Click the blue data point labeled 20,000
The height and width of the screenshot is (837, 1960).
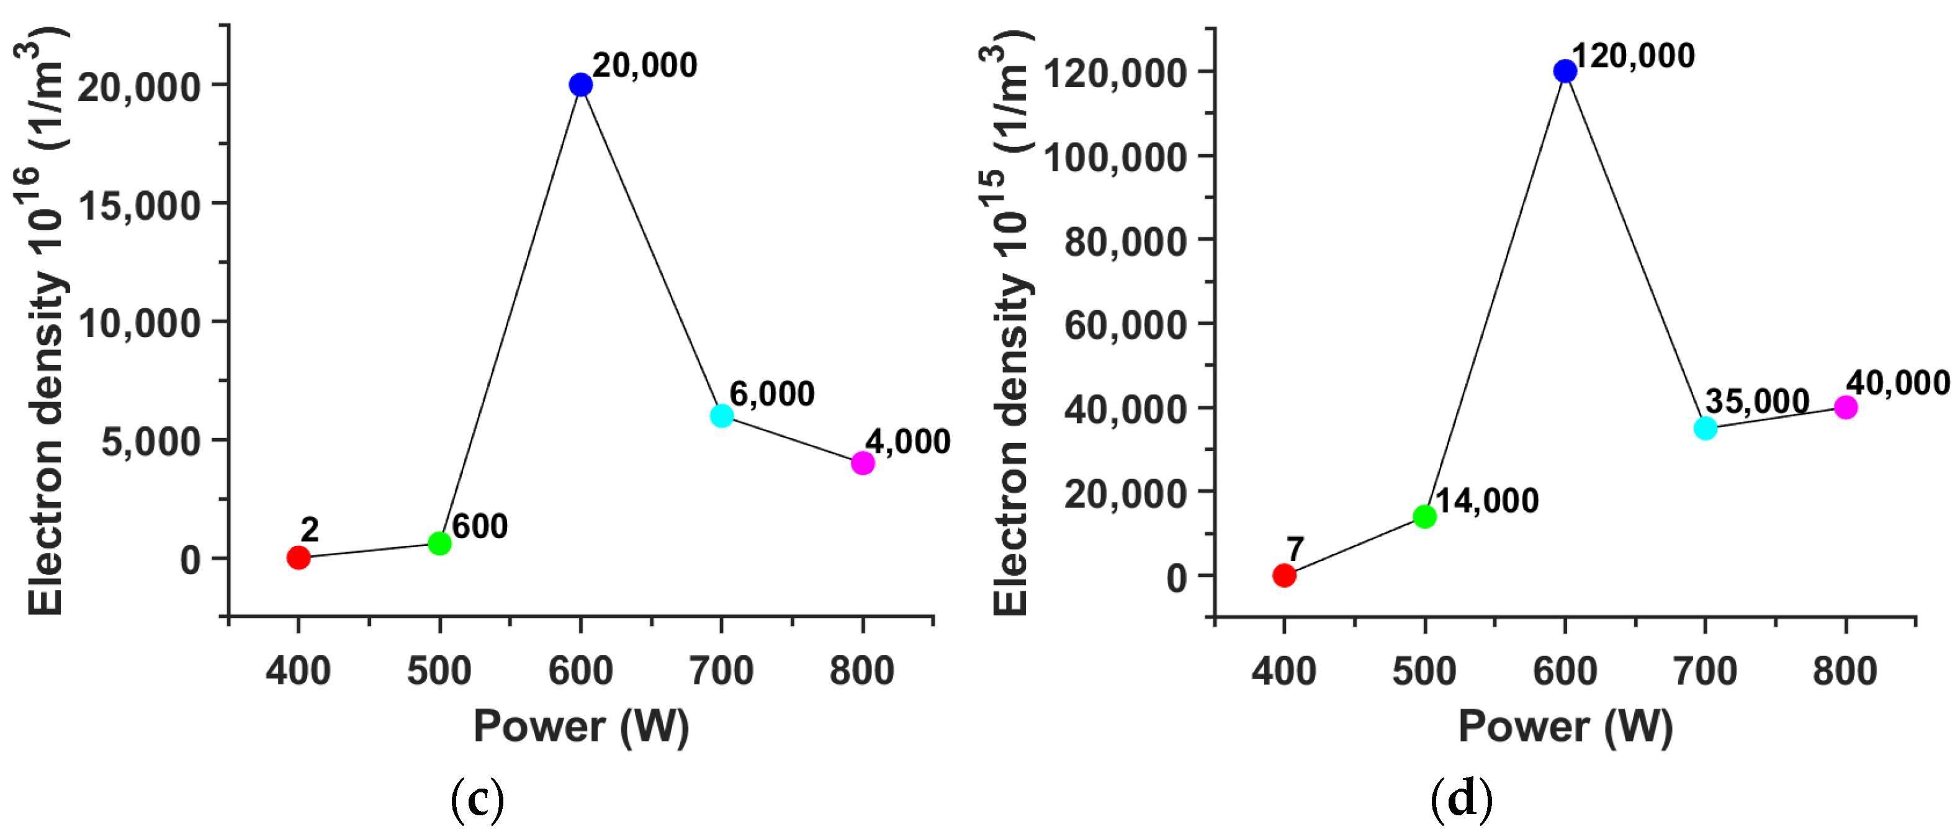(580, 84)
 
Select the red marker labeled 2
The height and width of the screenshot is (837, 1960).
(299, 558)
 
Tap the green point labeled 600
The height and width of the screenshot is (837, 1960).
(440, 544)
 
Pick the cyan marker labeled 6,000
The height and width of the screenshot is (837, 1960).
(721, 416)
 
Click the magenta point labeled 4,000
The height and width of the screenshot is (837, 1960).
(862, 463)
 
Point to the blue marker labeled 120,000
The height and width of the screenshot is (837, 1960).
(1565, 71)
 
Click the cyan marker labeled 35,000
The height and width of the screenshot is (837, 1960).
(1706, 427)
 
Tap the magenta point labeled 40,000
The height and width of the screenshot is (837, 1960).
(1846, 407)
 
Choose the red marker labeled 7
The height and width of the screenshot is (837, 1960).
(1284, 575)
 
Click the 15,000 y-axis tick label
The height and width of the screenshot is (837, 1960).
(139, 205)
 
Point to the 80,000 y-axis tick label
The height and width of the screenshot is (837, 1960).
(1125, 241)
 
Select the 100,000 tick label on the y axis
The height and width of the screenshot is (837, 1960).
(1115, 158)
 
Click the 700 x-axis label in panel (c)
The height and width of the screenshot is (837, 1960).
(721, 671)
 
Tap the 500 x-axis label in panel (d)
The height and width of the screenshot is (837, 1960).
(1424, 671)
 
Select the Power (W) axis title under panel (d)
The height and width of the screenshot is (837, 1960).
(1565, 726)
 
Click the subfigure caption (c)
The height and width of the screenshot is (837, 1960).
(478, 800)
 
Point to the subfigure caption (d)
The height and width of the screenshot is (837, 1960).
(1462, 800)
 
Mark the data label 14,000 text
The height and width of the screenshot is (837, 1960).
(1486, 501)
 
